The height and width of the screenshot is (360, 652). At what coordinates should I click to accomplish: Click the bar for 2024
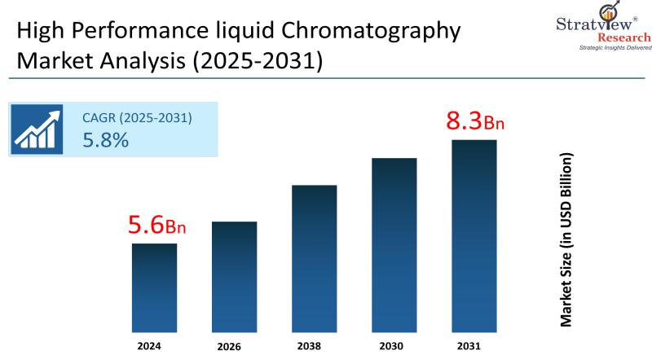[154, 288]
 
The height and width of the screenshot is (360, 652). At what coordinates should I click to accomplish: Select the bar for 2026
[234, 277]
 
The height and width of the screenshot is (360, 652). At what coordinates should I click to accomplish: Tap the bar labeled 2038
[314, 258]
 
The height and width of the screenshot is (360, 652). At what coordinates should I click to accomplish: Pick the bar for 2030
[394, 244]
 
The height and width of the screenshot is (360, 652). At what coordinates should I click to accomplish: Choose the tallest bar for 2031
[474, 235]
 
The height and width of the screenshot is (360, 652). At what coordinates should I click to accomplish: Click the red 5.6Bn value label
[157, 226]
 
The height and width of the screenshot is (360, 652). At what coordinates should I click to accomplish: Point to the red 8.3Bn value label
[475, 122]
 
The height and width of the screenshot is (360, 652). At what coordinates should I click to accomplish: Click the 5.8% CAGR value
[106, 140]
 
